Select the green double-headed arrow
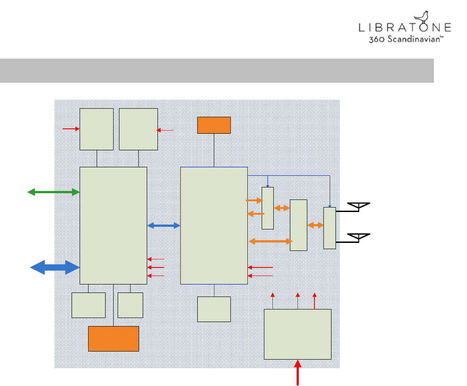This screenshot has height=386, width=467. coord(53,192)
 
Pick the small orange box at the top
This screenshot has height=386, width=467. coord(214,125)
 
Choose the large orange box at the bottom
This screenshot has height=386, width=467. coord(113,339)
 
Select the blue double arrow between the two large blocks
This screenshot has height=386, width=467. coord(163,226)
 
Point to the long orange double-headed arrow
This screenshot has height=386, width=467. coord(270,241)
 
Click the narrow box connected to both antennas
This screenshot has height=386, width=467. coord(330,228)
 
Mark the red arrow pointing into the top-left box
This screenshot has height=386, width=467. coord(71,129)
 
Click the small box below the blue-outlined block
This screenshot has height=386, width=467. coord(214,309)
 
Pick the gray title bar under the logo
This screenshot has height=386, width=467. coord(217,70)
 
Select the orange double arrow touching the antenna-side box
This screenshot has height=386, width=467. coord(315,226)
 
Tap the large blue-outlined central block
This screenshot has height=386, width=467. coord(214,225)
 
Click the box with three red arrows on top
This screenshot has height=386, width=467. coord(297,334)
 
